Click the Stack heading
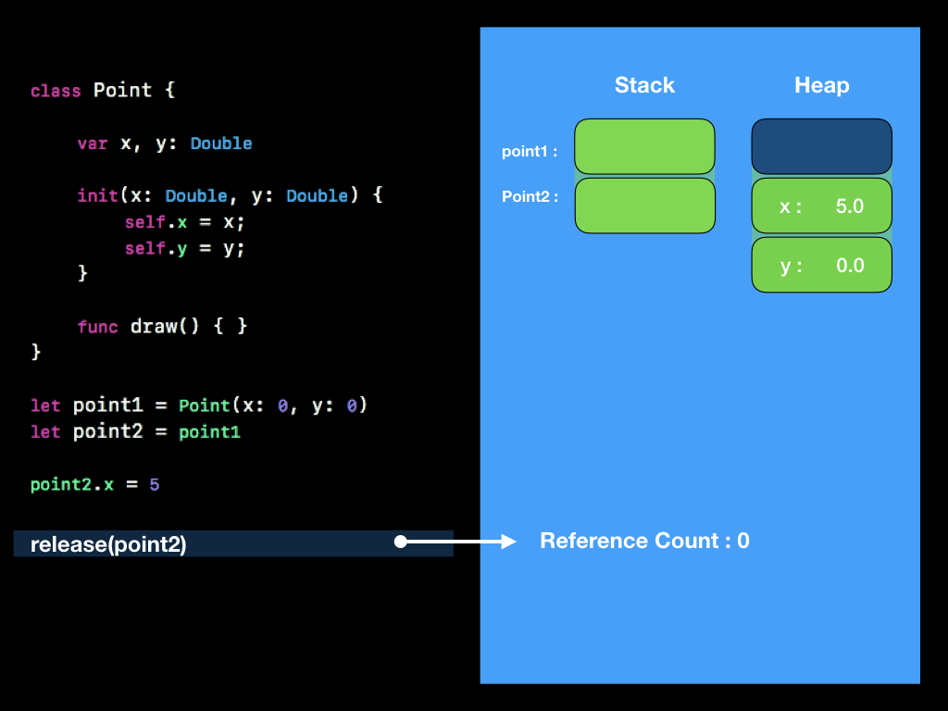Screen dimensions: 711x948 pos(644,85)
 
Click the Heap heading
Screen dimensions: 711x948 pos(821,85)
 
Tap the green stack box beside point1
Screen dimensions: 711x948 pos(644,146)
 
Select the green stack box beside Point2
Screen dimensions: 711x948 pos(644,206)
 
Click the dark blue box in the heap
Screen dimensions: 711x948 pos(821,146)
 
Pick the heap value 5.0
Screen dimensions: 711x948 pos(849,206)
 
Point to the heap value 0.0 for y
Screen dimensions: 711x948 pos(849,266)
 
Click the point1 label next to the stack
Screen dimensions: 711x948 pos(530,152)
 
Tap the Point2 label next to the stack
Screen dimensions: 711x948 pos(530,196)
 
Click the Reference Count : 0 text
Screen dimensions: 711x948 pos(644,541)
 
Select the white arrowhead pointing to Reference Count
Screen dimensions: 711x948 pos(508,542)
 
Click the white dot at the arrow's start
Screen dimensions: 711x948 pos(401,542)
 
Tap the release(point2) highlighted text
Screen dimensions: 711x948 pos(108,544)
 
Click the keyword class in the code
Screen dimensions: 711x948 pos(55,91)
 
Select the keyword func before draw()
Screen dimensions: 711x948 pos(97,327)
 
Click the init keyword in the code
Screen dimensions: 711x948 pos(97,196)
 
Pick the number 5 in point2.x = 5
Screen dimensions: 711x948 pos(155,484)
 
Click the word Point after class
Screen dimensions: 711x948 pos(122,91)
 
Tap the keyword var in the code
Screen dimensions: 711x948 pos(92,143)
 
